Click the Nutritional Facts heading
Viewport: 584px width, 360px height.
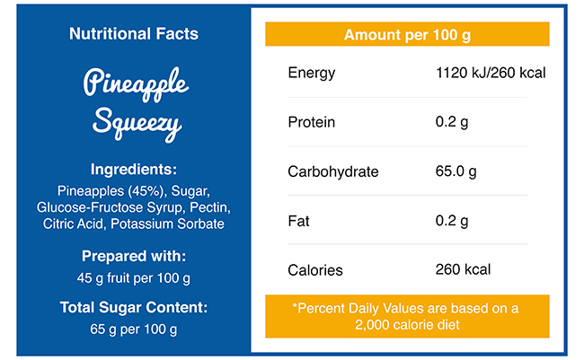click(x=134, y=34)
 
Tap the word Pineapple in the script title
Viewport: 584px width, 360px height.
click(x=136, y=84)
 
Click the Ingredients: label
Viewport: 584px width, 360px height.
click(x=134, y=169)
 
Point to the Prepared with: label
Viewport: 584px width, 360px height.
click(x=134, y=255)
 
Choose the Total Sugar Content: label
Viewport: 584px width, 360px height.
click(x=134, y=307)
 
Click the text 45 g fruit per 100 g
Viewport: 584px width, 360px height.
click(x=134, y=277)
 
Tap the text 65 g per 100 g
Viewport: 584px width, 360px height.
click(x=134, y=329)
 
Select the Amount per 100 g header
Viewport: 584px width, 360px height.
click(x=407, y=35)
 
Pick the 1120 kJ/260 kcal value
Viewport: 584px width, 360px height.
click(x=490, y=73)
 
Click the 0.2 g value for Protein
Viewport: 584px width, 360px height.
click(x=451, y=122)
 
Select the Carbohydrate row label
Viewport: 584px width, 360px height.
click(x=332, y=171)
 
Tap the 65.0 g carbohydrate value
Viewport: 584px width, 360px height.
click(x=456, y=171)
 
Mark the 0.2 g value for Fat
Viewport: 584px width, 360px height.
click(x=451, y=221)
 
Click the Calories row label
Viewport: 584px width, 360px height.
click(x=314, y=269)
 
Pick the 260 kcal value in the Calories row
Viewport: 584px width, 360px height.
click(x=463, y=269)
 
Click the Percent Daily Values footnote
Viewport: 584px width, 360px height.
click(x=407, y=316)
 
